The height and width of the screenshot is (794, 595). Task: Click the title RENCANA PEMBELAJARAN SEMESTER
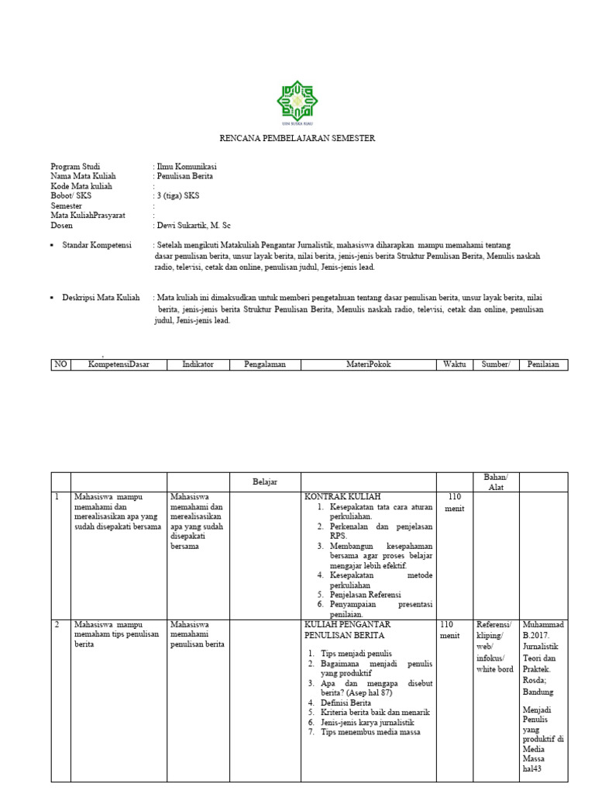(x=297, y=138)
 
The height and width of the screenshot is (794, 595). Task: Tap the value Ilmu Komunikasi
(x=187, y=167)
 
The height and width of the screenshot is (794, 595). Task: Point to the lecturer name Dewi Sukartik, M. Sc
(x=194, y=226)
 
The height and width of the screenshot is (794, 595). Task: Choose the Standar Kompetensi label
(x=106, y=245)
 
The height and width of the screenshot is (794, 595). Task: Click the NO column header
(x=60, y=364)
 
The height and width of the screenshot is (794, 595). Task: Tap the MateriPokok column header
(x=368, y=364)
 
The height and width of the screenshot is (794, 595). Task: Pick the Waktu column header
(x=455, y=364)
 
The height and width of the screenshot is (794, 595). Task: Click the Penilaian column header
(x=543, y=364)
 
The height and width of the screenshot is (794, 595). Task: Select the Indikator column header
(x=198, y=364)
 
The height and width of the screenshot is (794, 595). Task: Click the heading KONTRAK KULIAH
(x=342, y=496)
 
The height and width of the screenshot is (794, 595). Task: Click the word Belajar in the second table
(x=265, y=482)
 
